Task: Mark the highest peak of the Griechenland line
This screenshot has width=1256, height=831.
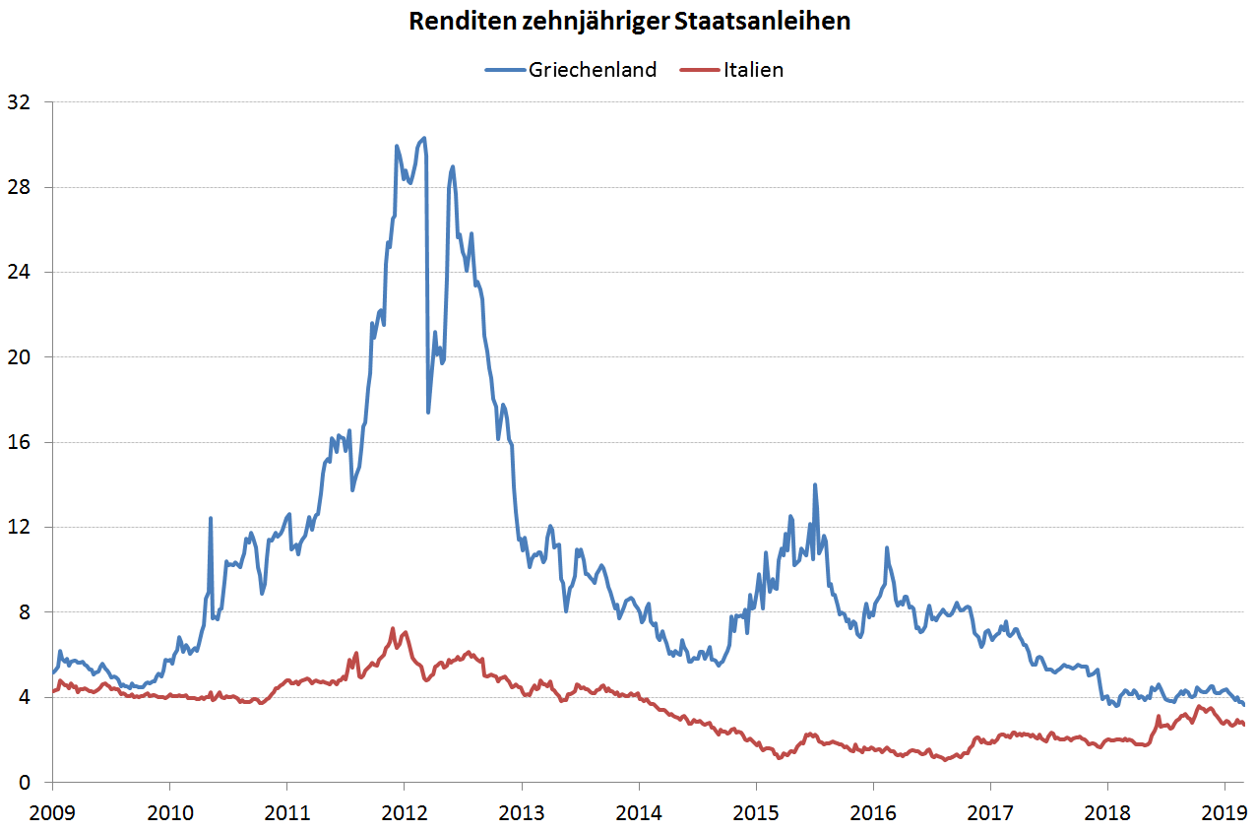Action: [x=423, y=138]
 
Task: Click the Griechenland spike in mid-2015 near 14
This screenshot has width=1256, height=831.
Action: [x=815, y=484]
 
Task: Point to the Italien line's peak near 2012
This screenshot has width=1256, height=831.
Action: [x=393, y=628]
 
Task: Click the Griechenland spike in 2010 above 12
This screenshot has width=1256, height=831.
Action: [x=211, y=518]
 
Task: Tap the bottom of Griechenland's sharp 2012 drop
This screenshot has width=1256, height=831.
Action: [x=428, y=412]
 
